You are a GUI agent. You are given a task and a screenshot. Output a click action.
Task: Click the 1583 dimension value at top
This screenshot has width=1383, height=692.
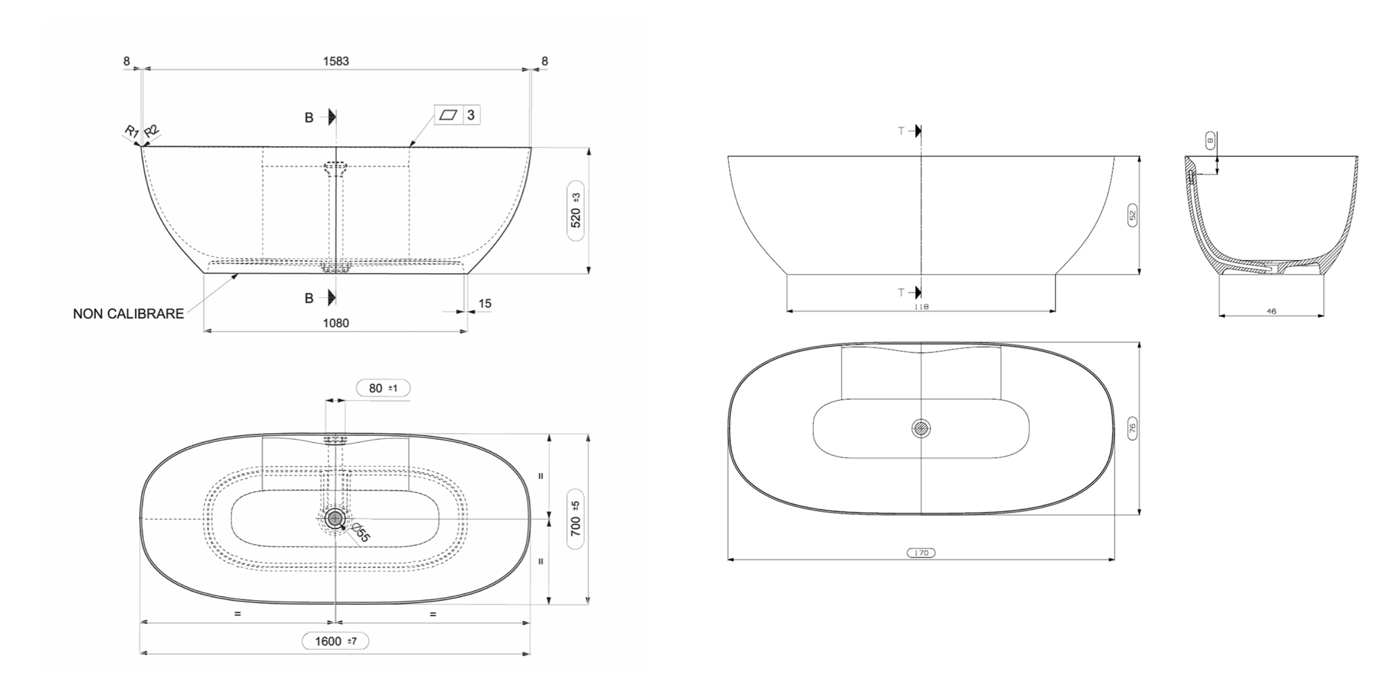(336, 61)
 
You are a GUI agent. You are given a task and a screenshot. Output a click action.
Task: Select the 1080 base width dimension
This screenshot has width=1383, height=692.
(336, 323)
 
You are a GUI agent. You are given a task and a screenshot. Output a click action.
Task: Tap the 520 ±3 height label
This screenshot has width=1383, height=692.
(575, 209)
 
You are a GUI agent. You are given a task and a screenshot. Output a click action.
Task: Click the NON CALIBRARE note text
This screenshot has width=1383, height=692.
(128, 314)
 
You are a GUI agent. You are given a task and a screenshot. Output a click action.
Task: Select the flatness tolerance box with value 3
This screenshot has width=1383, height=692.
(457, 115)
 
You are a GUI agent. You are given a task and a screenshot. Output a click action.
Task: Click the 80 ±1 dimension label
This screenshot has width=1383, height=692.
(383, 389)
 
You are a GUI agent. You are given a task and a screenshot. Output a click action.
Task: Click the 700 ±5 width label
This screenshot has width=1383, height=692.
(575, 518)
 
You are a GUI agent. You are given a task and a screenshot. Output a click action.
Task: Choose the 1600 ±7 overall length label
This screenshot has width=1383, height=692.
(335, 641)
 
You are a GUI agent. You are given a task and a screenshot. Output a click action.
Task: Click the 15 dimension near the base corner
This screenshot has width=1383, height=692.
(485, 303)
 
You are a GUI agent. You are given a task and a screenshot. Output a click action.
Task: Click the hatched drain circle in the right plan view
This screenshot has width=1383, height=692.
(921, 428)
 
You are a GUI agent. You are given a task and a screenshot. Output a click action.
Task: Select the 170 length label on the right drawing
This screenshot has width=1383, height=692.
(921, 553)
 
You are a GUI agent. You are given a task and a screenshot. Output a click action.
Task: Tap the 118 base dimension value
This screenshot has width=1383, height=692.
(921, 306)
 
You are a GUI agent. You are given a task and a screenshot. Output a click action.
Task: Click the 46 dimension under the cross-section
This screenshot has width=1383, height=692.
(1272, 312)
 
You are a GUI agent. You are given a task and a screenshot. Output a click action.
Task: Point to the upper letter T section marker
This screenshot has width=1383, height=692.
(901, 131)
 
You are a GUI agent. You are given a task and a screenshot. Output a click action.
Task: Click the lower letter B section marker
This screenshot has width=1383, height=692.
(309, 298)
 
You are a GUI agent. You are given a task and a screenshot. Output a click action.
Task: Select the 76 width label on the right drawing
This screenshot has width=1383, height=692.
(1132, 428)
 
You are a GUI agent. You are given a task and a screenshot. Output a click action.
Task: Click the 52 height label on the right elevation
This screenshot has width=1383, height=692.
(1132, 215)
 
